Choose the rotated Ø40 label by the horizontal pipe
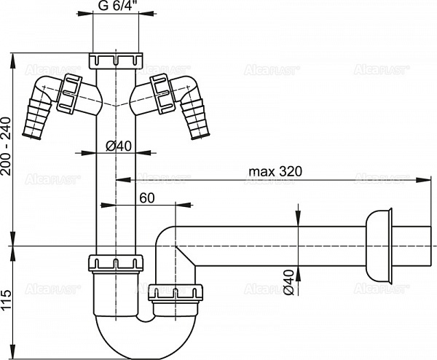click(288, 281)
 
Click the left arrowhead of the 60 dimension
click(120, 206)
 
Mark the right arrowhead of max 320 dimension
click(424, 179)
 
